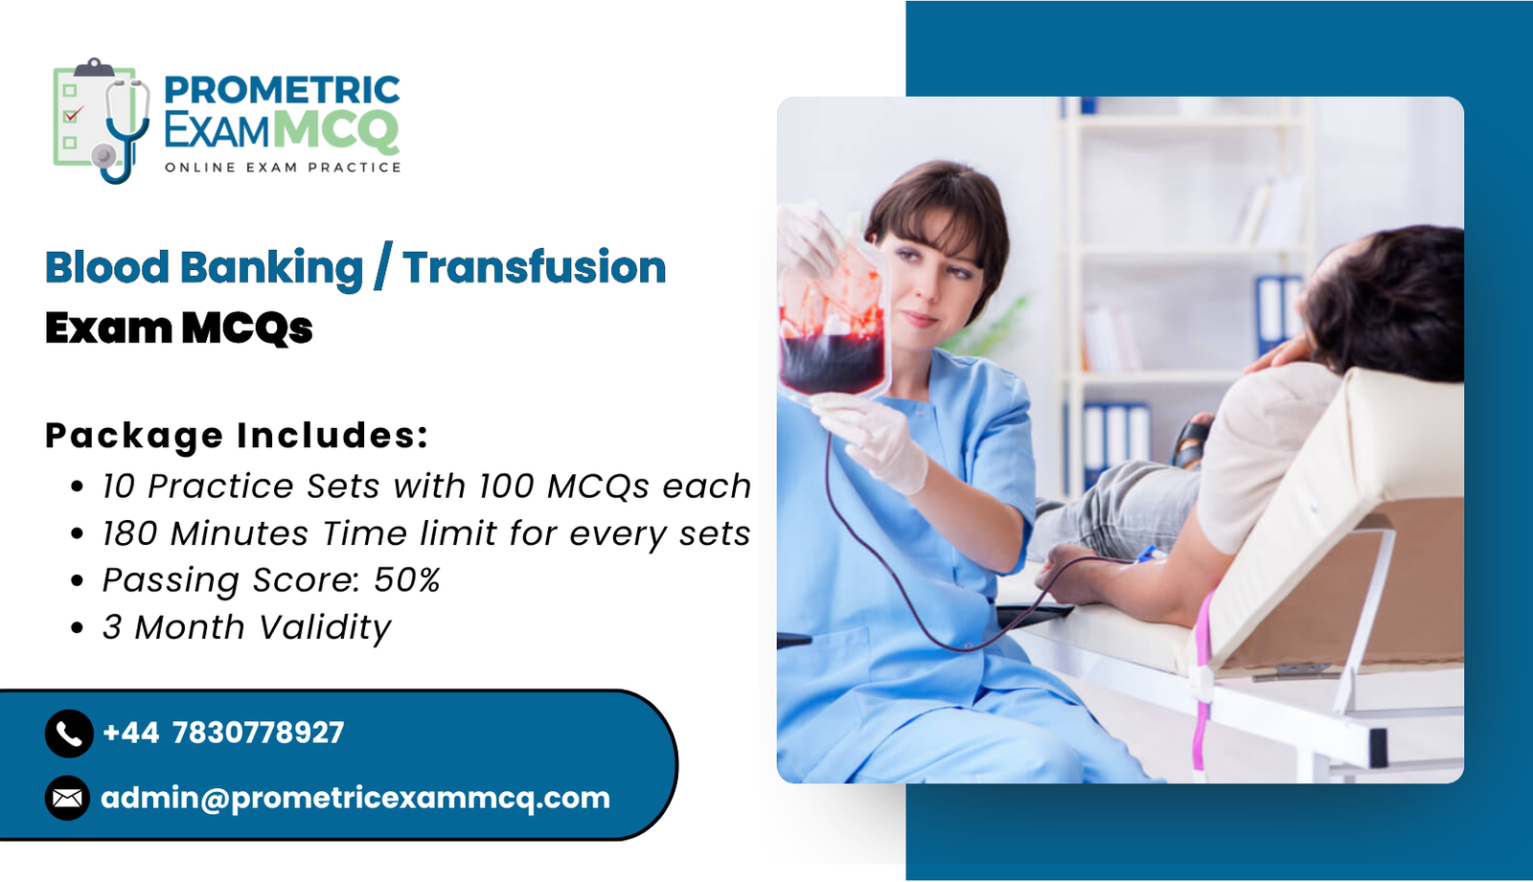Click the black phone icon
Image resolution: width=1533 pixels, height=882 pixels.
(x=69, y=734)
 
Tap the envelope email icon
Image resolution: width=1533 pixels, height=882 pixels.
(x=68, y=798)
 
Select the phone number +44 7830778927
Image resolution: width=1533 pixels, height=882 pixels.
(x=223, y=733)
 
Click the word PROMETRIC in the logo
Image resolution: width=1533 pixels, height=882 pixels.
(x=282, y=90)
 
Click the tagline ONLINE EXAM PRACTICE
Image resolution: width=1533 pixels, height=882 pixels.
(x=283, y=168)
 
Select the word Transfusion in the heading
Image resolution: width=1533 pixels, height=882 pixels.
(x=534, y=267)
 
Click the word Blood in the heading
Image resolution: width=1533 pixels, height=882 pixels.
(x=106, y=267)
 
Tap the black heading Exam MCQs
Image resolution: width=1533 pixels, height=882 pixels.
(x=178, y=328)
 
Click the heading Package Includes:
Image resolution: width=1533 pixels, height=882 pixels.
(x=237, y=435)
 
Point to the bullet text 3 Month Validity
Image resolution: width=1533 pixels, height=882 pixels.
(x=246, y=627)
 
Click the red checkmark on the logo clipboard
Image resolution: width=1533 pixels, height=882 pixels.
(x=73, y=114)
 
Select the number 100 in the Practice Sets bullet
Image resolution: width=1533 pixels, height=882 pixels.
(x=506, y=486)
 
